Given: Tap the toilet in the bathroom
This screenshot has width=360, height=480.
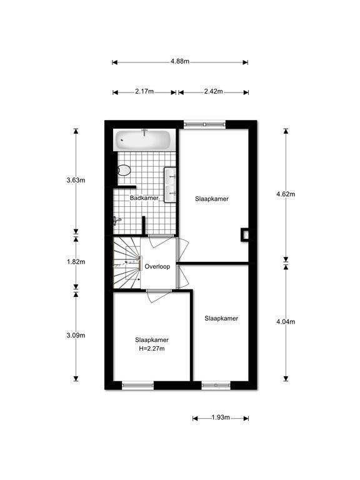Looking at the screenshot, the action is pyautogui.click(x=124, y=170).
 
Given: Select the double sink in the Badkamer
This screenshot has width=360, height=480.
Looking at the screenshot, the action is pyautogui.click(x=170, y=185).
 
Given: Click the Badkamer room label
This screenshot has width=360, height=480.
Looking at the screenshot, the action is pyautogui.click(x=144, y=198).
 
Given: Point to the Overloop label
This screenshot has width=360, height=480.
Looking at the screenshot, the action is pyautogui.click(x=157, y=267).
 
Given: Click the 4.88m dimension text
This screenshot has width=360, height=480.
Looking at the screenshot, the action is pyautogui.click(x=180, y=61).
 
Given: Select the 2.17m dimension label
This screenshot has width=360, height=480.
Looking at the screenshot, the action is pyautogui.click(x=144, y=91).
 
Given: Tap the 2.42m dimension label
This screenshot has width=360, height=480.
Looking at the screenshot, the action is pyautogui.click(x=214, y=91).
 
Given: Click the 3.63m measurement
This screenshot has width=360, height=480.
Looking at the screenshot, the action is pyautogui.click(x=76, y=180).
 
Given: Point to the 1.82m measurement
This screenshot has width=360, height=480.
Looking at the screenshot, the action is pyautogui.click(x=76, y=262).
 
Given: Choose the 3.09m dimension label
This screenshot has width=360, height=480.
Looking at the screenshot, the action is pyautogui.click(x=76, y=336).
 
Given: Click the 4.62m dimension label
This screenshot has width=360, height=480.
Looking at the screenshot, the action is pyautogui.click(x=286, y=194).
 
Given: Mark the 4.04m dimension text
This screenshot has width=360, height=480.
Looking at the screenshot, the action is pyautogui.click(x=286, y=322).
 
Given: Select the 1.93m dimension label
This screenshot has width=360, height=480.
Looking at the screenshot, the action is pyautogui.click(x=221, y=417).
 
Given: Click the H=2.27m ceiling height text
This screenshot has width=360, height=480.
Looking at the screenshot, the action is pyautogui.click(x=152, y=349).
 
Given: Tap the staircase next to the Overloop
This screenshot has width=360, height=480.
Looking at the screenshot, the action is pyautogui.click(x=127, y=262).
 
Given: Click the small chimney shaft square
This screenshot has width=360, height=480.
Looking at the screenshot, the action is pyautogui.click(x=244, y=235).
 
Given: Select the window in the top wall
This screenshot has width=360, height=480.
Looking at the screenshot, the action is pyautogui.click(x=204, y=124).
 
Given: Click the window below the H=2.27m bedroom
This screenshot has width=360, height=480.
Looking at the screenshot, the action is pyautogui.click(x=137, y=386).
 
